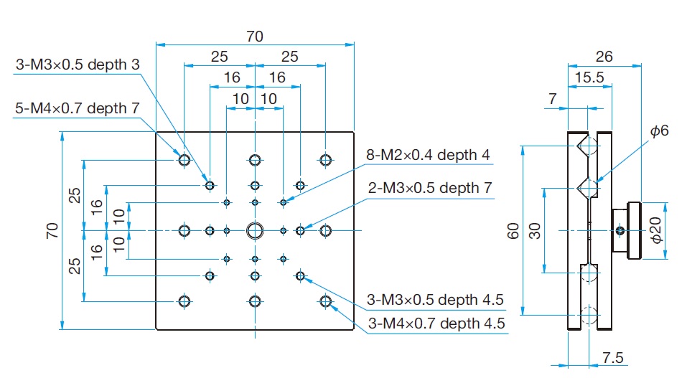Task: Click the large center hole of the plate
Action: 255,230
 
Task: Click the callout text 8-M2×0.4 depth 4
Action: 428,155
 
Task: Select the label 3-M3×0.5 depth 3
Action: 78,65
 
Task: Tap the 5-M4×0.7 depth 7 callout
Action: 77,108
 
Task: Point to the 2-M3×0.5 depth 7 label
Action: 430,188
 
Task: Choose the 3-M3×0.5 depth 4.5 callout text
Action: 435,300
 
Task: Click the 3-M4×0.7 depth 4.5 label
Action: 436,323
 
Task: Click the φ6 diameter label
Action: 660,131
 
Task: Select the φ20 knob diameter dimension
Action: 655,230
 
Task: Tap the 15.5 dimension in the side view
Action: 589,77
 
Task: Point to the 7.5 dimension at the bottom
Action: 612,357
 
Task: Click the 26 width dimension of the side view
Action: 604,57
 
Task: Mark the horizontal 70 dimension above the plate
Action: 255,37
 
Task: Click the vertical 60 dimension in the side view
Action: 513,230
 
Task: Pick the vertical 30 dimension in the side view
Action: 535,230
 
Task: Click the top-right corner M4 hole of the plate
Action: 325,160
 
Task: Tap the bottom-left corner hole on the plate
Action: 184,301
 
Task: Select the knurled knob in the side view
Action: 635,230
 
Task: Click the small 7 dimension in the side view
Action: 553,98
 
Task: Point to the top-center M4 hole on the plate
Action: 255,160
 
